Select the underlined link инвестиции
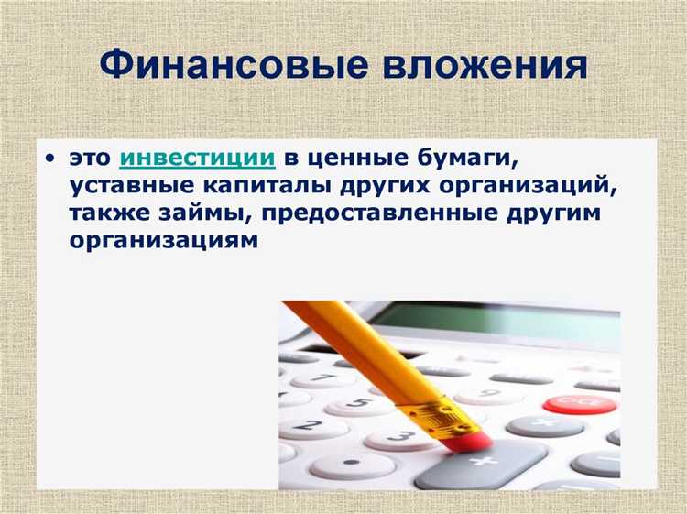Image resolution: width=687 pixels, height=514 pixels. [x=197, y=158]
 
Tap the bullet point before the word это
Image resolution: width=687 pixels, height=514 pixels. [x=48, y=159]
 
